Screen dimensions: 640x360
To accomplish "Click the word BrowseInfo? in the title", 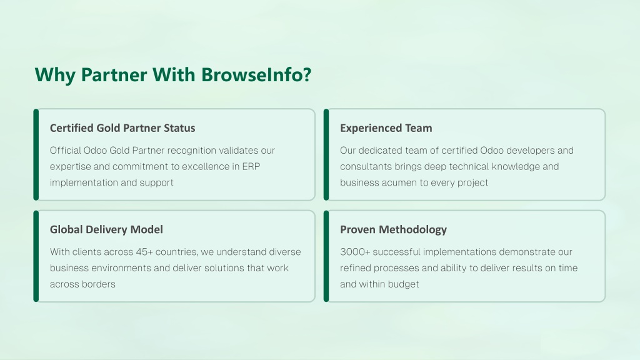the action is (x=256, y=75).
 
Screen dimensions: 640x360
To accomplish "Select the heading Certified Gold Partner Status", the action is (x=122, y=128).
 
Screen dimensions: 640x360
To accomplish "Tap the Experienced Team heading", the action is (x=386, y=128).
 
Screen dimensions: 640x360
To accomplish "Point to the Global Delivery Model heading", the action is (x=106, y=229).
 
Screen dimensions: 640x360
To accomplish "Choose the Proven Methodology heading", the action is (x=394, y=230).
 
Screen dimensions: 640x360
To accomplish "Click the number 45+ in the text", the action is (x=144, y=252).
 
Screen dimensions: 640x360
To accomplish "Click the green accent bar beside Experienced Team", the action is (x=326, y=155).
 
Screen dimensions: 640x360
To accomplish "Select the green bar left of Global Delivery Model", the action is (x=36, y=256).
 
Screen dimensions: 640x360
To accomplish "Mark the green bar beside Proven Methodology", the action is (x=326, y=256).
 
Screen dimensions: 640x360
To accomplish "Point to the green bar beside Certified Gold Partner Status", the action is (x=36, y=155).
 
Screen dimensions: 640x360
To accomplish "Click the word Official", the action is (x=65, y=150).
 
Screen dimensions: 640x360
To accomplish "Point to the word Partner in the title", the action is (x=114, y=75).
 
